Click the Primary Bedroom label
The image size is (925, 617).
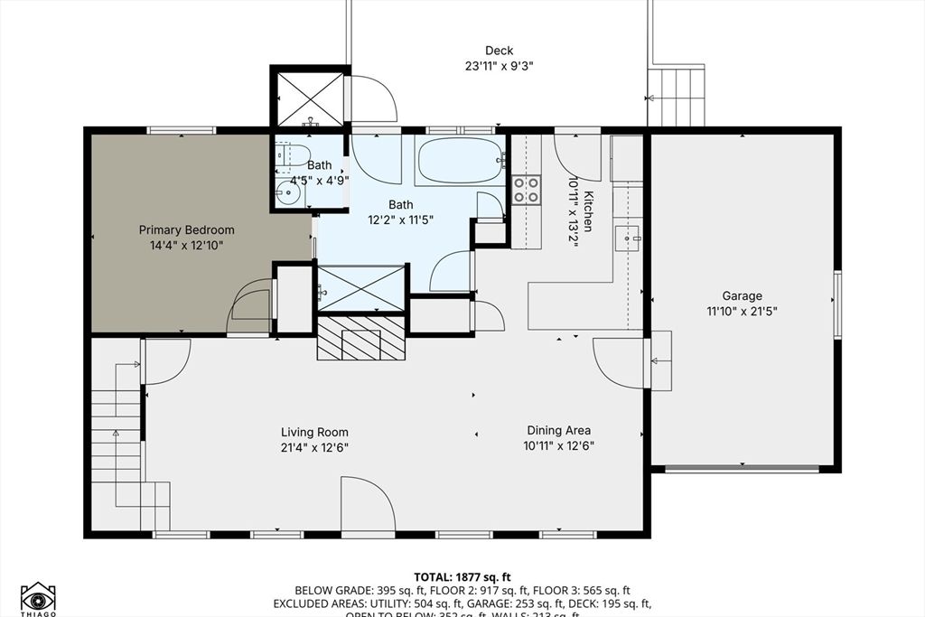(186, 229)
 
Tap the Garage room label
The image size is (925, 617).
(742, 295)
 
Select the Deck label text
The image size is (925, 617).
(499, 51)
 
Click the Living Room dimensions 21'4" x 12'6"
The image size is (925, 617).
(313, 447)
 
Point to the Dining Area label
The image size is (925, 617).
(558, 431)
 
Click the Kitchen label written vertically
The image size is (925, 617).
(587, 211)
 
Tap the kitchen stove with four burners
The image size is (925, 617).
(526, 189)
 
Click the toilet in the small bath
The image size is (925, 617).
(292, 156)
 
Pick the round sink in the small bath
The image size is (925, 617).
(291, 192)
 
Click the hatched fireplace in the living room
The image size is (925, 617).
(360, 339)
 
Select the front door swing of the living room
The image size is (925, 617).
(367, 505)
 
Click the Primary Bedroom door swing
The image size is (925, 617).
(249, 302)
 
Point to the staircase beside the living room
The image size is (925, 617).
(117, 443)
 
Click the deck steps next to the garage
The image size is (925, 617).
(676, 96)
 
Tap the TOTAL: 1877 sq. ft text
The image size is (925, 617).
(462, 576)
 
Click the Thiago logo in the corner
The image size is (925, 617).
(38, 597)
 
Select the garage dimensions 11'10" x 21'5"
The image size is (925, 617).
(742, 312)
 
